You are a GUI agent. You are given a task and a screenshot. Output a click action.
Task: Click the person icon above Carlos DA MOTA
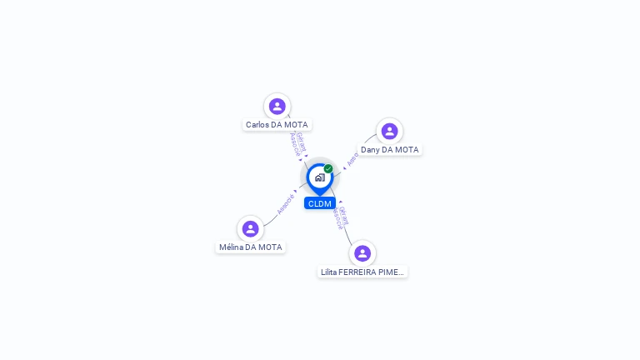tap(277, 106)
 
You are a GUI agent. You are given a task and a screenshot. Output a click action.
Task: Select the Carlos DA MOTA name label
tap(277, 125)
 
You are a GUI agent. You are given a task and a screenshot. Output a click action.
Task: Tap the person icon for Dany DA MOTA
tap(389, 131)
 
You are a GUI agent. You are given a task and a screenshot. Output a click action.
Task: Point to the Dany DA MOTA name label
tap(389, 150)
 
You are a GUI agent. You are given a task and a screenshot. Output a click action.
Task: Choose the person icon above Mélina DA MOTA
tap(250, 228)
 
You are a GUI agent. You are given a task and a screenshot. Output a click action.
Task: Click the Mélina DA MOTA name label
tap(250, 247)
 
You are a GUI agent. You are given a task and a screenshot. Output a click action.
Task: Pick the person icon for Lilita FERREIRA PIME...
tap(362, 253)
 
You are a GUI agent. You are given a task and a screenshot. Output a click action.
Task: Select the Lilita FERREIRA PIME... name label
tap(362, 272)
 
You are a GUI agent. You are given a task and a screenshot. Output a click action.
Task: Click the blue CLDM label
tap(319, 203)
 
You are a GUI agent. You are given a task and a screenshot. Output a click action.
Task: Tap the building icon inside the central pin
tap(319, 177)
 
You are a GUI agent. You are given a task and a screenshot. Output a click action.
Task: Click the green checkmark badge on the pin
tap(328, 169)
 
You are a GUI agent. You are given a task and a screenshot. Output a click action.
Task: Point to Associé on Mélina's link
tap(285, 204)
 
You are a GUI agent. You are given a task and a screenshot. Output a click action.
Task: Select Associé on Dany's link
tap(352, 158)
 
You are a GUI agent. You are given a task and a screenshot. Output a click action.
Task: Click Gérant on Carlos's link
tap(301, 142)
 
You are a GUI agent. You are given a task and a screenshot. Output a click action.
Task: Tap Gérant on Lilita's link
tap(344, 215)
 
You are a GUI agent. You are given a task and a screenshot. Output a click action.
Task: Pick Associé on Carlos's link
tap(294, 145)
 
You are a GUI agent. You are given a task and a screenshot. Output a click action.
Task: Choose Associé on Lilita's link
tap(337, 218)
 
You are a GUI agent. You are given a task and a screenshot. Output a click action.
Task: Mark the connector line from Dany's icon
tap(369, 141)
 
